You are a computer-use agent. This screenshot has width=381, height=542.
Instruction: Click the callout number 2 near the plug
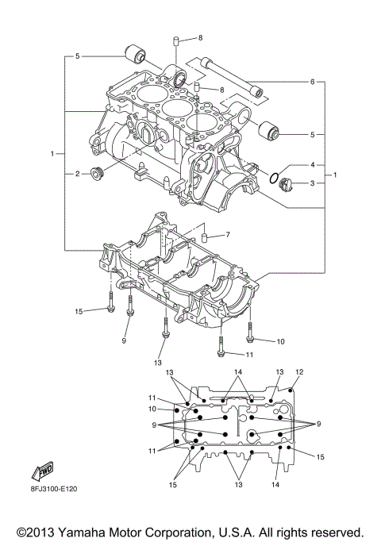77,173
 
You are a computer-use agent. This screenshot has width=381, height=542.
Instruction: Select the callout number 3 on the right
313,184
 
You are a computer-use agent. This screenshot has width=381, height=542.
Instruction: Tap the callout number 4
313,164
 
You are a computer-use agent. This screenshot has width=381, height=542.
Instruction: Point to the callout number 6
313,82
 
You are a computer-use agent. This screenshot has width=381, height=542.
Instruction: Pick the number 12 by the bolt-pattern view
299,371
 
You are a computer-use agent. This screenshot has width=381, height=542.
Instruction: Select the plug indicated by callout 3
287,185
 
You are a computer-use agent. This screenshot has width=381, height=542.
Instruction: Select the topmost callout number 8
200,38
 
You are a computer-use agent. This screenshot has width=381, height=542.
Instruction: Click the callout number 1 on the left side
52,152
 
